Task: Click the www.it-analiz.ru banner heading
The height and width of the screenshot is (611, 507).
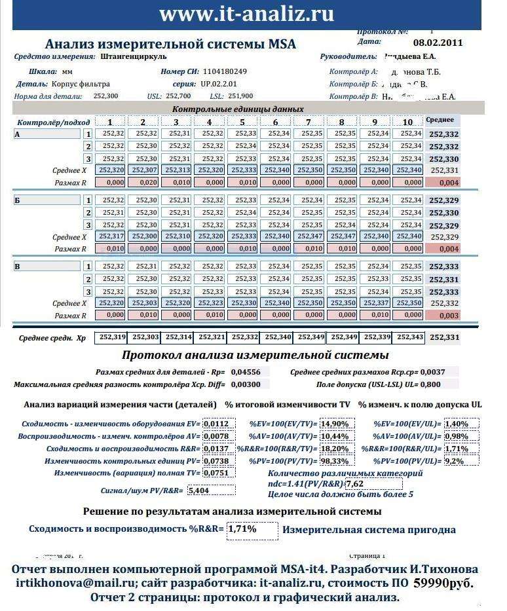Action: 246,14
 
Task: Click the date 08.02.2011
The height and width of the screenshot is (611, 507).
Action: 438,43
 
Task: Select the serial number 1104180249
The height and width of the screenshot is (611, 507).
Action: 225,71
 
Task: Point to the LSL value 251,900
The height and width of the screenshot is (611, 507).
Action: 240,96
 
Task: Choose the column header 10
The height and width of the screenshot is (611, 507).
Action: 407,122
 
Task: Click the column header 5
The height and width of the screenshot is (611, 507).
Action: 242,122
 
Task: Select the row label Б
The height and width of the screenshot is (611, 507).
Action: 18,200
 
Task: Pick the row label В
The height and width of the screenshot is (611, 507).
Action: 18,266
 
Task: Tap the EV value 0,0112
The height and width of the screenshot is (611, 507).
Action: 216,424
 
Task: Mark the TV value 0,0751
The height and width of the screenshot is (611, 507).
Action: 216,473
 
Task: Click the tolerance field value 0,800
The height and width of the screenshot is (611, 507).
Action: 429,384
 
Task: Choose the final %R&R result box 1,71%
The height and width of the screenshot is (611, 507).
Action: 252,529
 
